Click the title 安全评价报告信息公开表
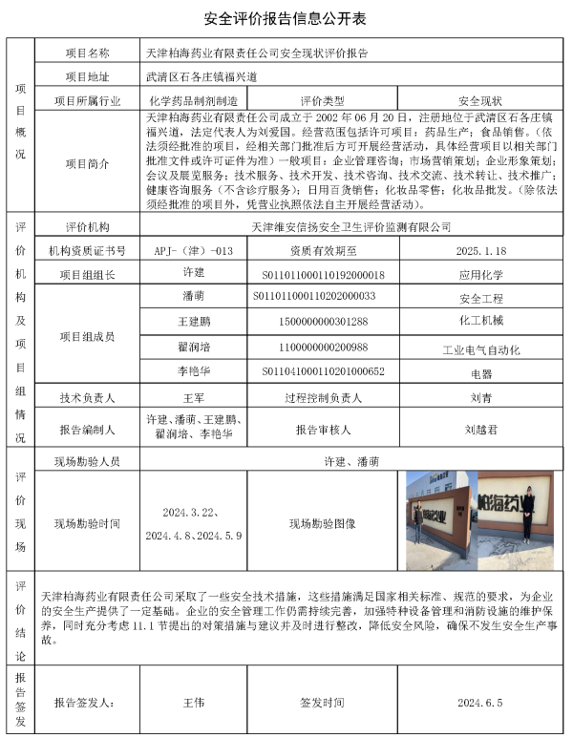point(286,18)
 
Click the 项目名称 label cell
point(88,53)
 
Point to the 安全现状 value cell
point(480,99)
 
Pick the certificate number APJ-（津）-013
point(193,250)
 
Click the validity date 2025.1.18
point(481,250)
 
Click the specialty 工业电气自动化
point(481,350)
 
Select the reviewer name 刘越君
point(481,430)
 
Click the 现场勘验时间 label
point(88,523)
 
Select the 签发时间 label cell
point(322,702)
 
